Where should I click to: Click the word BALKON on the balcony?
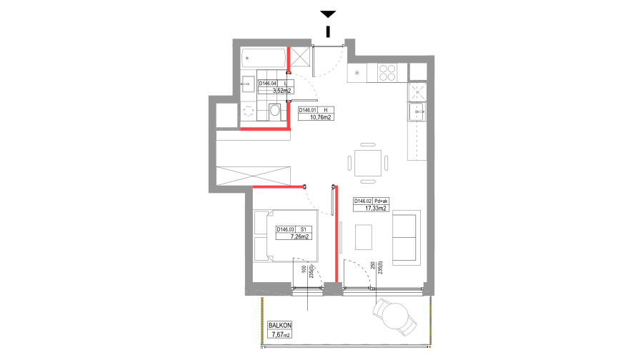pyautogui.click(x=280, y=326)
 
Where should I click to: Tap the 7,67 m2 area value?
pyautogui.click(x=280, y=334)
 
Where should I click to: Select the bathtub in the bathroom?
pyautogui.click(x=263, y=58)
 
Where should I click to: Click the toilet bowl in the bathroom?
pyautogui.click(x=275, y=111)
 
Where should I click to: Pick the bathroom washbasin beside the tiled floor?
pyautogui.click(x=248, y=84)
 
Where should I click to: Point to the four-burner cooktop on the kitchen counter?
pyautogui.click(x=387, y=72)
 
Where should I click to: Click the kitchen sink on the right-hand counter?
pyautogui.click(x=417, y=111)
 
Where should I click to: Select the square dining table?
pyautogui.click(x=368, y=163)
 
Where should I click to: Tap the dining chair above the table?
pyautogui.click(x=368, y=145)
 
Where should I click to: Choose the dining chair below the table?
pyautogui.click(x=368, y=181)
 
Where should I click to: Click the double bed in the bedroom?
pyautogui.click(x=286, y=235)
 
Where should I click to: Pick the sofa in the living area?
pyautogui.click(x=406, y=237)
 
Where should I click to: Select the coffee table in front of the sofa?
pyautogui.click(x=364, y=237)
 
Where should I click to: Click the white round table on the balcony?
pyautogui.click(x=394, y=316)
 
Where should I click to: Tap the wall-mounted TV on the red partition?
pyautogui.click(x=342, y=237)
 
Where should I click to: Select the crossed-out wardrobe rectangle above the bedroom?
pyautogui.click(x=254, y=176)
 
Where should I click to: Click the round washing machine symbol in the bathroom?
pyautogui.click(x=249, y=111)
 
